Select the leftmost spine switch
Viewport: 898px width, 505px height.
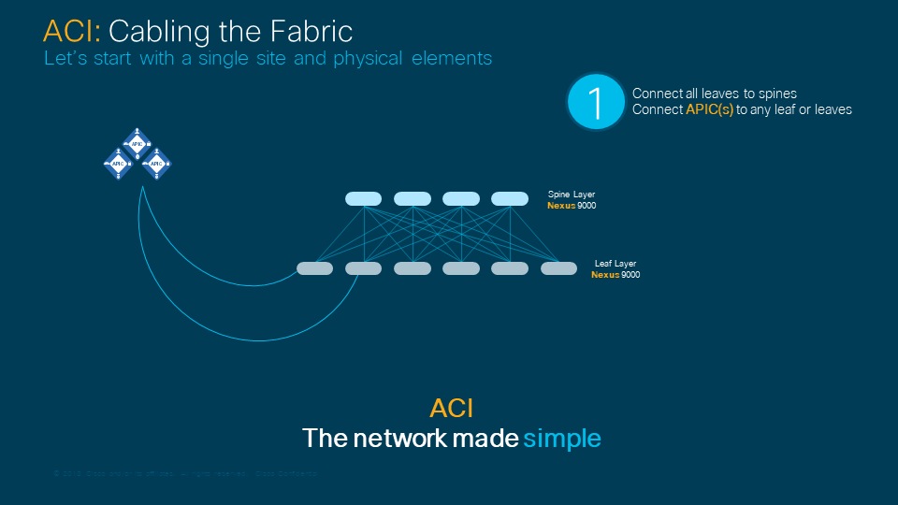click(x=363, y=198)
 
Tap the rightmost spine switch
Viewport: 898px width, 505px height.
click(x=510, y=198)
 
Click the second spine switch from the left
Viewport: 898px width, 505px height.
click(x=412, y=198)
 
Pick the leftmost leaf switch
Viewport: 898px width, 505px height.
click(x=314, y=268)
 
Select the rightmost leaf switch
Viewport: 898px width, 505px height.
click(x=558, y=268)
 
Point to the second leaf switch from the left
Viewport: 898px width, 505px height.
click(x=363, y=268)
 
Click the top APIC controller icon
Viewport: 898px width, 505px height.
click(x=137, y=143)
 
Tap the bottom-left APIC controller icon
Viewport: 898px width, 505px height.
click(x=118, y=163)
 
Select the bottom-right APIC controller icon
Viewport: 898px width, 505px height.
click(x=156, y=163)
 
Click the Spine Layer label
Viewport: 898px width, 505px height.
click(x=571, y=195)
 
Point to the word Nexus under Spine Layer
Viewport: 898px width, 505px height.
click(x=561, y=205)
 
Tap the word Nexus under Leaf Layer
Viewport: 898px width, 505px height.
click(x=605, y=275)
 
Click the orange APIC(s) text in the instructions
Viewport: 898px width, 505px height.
click(x=709, y=109)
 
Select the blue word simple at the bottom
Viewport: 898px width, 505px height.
click(x=561, y=438)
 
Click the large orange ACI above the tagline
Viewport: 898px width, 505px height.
click(x=451, y=408)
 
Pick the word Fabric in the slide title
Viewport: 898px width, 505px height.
click(x=308, y=31)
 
